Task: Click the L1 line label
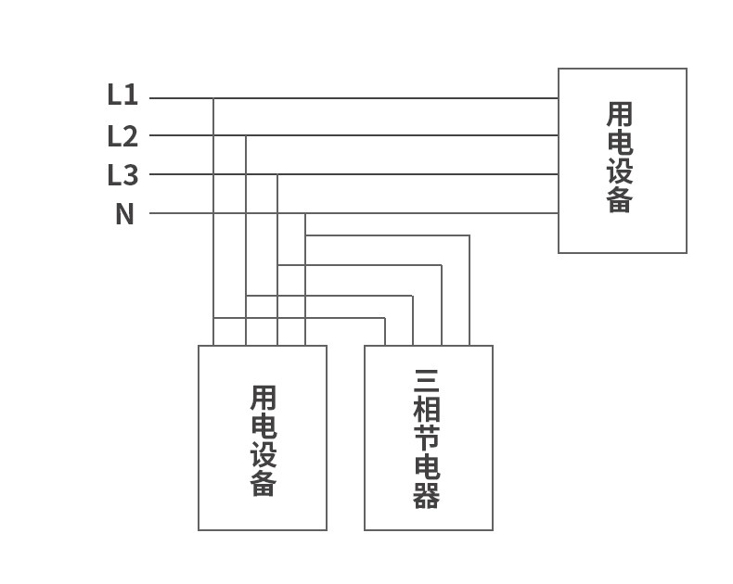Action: (x=122, y=95)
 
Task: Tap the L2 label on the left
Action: (x=122, y=136)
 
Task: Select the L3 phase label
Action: (x=122, y=174)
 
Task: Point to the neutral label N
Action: (x=124, y=214)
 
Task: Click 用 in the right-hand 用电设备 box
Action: (x=620, y=114)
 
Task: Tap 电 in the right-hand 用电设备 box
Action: (x=620, y=143)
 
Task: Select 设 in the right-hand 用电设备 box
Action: (x=620, y=171)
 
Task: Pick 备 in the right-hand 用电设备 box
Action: (x=620, y=200)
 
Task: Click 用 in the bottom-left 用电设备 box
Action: (x=264, y=399)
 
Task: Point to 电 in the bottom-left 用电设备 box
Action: (x=264, y=426)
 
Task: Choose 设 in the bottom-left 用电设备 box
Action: (x=264, y=455)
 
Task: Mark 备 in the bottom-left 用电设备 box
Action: (x=264, y=484)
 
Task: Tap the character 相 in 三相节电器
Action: (x=427, y=410)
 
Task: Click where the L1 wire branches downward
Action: (x=213, y=98)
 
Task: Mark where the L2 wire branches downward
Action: (x=246, y=136)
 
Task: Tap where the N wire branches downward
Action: (x=304, y=213)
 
